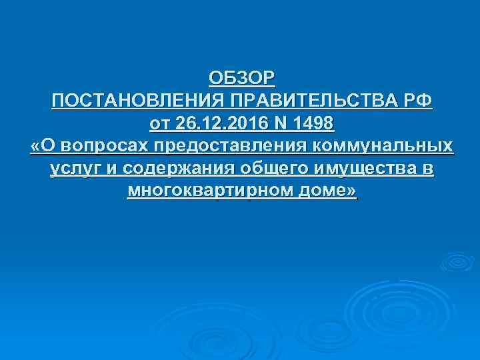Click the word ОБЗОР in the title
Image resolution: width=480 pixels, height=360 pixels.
pos(241,79)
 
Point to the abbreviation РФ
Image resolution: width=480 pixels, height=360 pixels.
pos(417,101)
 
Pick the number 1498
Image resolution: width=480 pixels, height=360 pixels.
pos(313,124)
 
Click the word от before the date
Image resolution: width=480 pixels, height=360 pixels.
pos(161,124)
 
